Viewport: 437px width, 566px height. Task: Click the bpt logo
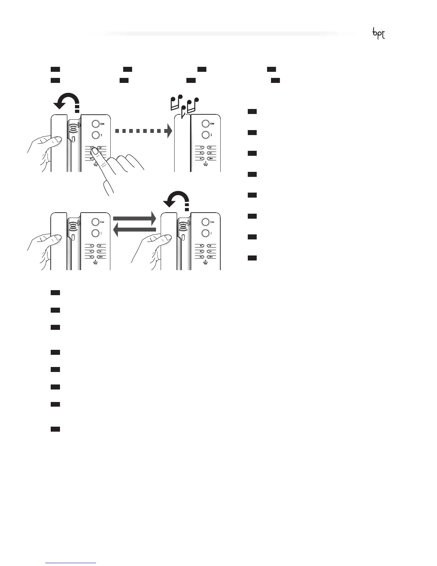(378, 34)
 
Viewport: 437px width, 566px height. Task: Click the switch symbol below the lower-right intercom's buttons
(206, 263)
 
